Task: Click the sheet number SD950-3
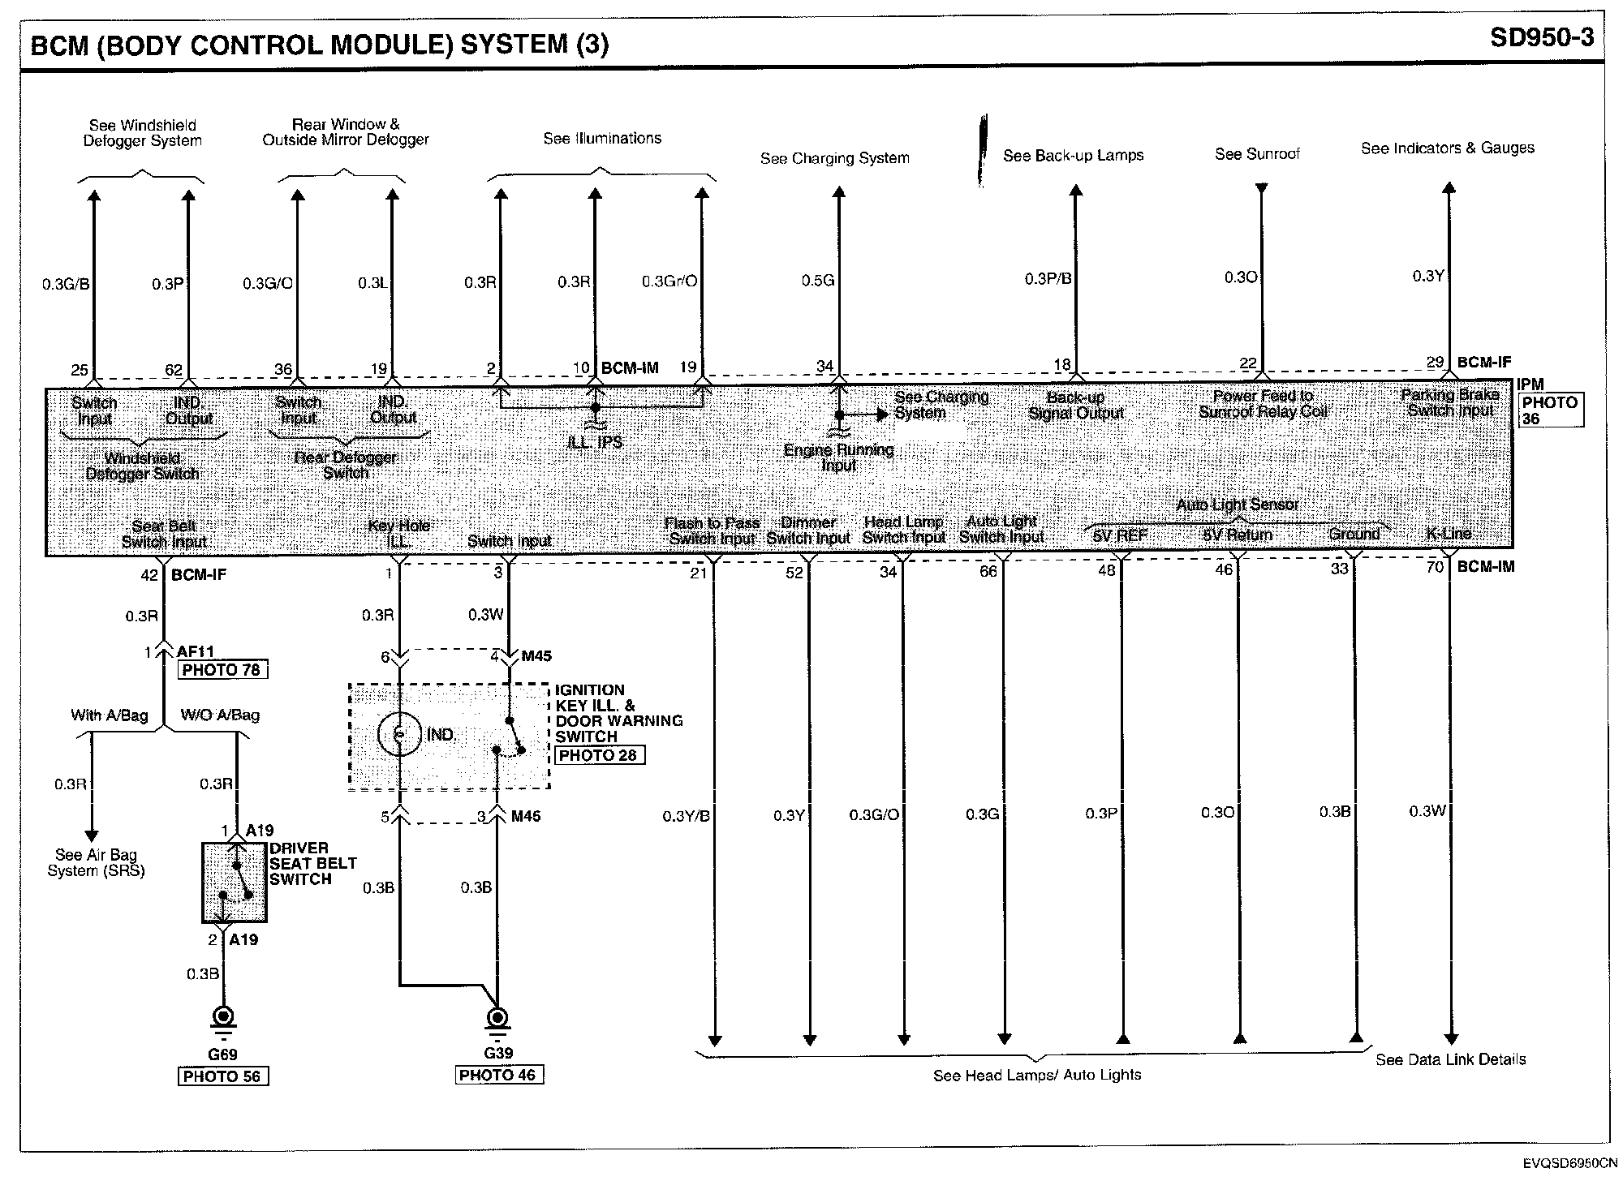click(x=1541, y=38)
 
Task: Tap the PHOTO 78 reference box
click(x=222, y=670)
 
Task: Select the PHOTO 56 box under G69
click(x=222, y=1076)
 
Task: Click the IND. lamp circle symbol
click(x=399, y=735)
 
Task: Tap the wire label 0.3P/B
click(x=1048, y=279)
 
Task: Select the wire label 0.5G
click(x=817, y=281)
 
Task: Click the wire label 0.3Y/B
click(x=686, y=816)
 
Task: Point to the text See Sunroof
click(x=1257, y=154)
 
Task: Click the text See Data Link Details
click(x=1450, y=1059)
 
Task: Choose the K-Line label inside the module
click(x=1449, y=534)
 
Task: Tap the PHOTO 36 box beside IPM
click(x=1549, y=410)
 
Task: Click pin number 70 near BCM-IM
click(x=1435, y=567)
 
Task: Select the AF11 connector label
click(x=196, y=651)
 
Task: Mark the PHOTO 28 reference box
click(x=600, y=755)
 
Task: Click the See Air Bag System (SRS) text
click(x=96, y=862)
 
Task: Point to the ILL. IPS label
click(x=596, y=442)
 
